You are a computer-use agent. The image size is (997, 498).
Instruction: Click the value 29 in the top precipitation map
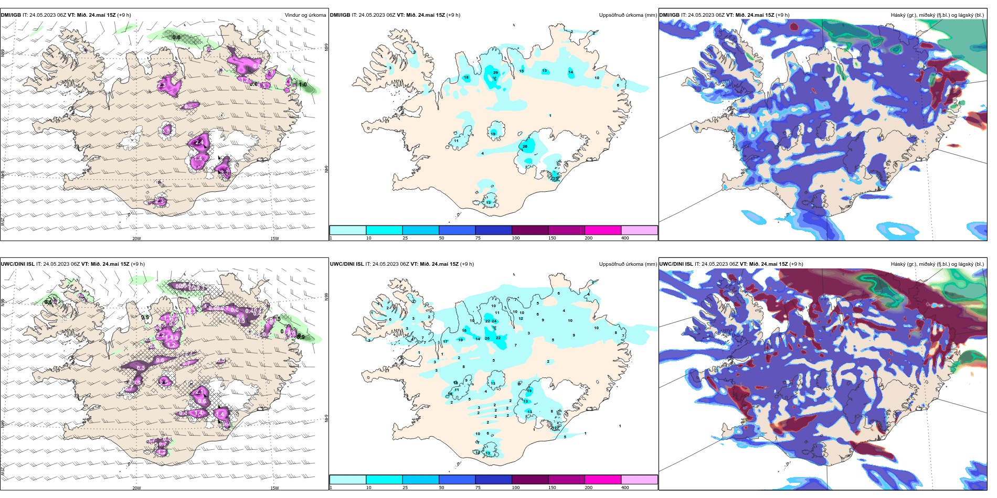point(495,73)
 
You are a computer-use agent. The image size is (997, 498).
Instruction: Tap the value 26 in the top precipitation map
point(525,147)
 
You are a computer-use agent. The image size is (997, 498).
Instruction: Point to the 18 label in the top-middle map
point(466,78)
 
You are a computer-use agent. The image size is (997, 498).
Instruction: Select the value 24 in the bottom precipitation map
point(494,321)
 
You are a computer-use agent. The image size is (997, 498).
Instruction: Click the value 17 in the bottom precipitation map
point(445,342)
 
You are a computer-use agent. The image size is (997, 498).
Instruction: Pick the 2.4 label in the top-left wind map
point(199,143)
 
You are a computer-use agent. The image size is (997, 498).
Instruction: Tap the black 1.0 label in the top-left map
point(303,84)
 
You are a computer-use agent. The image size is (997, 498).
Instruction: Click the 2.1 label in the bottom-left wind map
point(199,392)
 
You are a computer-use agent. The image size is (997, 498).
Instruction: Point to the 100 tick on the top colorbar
point(516,238)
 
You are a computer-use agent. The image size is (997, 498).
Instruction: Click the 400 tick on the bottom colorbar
point(625,488)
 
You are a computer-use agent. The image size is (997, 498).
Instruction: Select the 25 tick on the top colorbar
point(405,238)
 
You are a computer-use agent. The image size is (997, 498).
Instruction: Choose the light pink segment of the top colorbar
point(639,230)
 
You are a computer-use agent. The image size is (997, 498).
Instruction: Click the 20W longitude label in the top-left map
point(136,239)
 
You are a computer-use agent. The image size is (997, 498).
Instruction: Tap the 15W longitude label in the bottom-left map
point(274,488)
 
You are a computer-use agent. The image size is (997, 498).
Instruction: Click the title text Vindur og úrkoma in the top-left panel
point(305,15)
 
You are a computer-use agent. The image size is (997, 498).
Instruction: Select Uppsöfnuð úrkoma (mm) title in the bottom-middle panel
point(628,264)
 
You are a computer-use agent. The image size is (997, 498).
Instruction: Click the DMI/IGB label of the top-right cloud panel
point(669,15)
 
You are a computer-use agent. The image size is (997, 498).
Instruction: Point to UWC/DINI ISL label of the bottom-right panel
point(676,264)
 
